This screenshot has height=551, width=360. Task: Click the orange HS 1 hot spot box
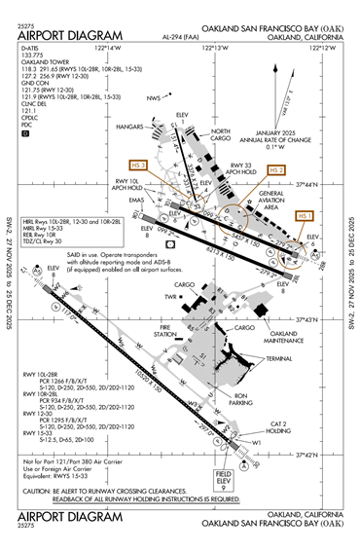pyautogui.click(x=306, y=215)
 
